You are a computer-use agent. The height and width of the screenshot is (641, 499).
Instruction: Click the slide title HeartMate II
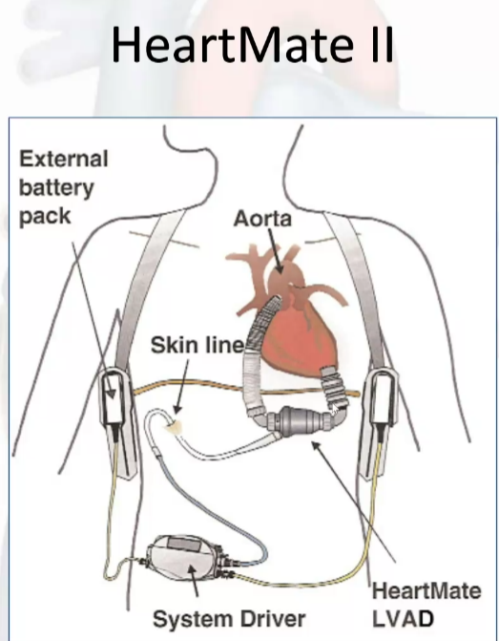252,44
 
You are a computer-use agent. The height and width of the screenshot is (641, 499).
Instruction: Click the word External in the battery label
64,159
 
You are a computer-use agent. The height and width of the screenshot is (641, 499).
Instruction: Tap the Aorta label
262,219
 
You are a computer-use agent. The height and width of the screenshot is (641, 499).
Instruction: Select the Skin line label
198,345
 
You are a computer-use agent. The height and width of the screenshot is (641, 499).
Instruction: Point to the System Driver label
229,619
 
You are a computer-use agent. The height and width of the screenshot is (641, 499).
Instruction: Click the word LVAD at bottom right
403,619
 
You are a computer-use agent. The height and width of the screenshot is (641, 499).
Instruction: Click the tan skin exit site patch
174,427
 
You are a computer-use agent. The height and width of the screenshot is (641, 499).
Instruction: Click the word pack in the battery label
45,217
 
